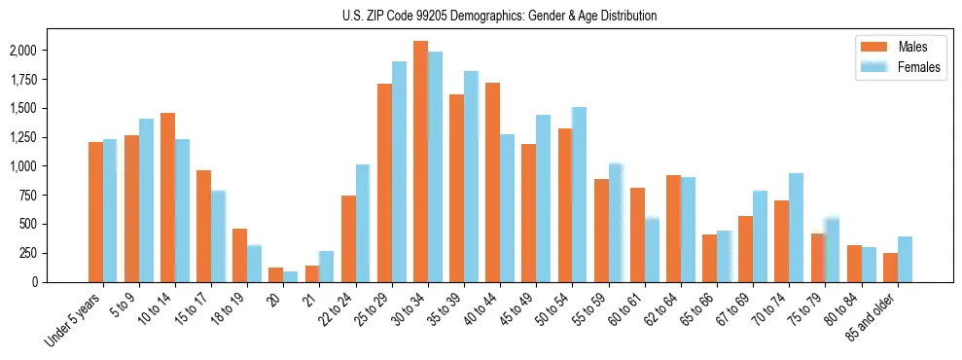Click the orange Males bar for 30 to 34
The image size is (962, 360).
point(420,162)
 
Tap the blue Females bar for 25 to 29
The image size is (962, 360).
point(399,172)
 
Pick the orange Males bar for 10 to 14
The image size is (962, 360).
point(167,198)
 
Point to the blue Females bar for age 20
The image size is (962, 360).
point(291,276)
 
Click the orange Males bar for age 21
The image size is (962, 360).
point(312,273)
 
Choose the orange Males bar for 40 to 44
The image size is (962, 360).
point(492,182)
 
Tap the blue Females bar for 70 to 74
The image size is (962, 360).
point(796,228)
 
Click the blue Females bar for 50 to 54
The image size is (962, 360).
point(579,195)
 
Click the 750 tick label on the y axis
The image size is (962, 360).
point(53,196)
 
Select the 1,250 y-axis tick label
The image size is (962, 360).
point(48,137)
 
